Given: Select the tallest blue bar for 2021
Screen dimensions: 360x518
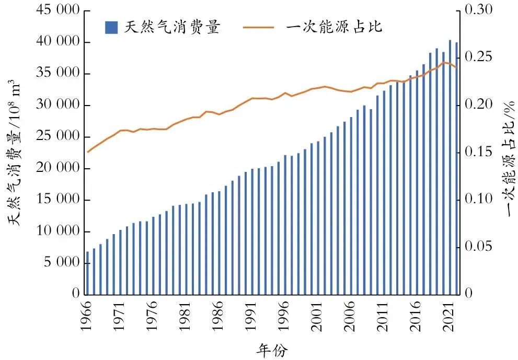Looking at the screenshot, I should pyautogui.click(x=450, y=167).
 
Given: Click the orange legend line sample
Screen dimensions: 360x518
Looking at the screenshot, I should pyautogui.click(x=258, y=27).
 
